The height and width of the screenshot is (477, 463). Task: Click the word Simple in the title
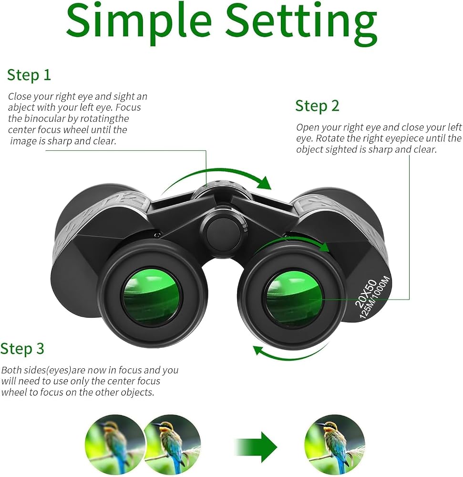point(139,22)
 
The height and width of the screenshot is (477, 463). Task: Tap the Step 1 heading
point(29,75)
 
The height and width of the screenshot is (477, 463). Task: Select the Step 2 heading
point(317,106)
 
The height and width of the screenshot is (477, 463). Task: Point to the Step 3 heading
point(22,349)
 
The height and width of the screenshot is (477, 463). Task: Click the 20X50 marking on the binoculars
point(366,292)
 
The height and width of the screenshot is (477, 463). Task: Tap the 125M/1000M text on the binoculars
point(374,297)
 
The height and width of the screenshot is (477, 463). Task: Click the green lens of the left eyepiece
point(151,296)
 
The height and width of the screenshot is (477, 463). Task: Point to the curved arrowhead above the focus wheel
point(264,183)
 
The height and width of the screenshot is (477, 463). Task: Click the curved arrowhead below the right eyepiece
point(258,350)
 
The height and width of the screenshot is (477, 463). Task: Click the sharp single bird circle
point(334,445)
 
